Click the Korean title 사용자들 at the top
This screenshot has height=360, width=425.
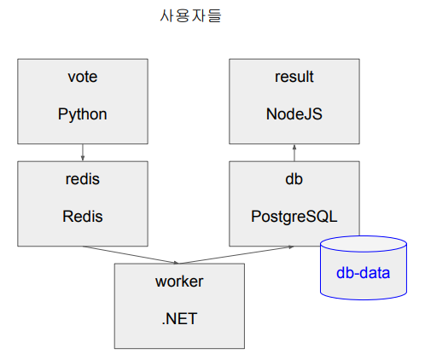coord(190,15)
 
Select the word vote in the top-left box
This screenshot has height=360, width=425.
coord(83,77)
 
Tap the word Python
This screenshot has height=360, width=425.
coord(83,113)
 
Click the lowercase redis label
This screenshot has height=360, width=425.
coord(83,179)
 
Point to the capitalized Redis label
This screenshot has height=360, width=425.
coord(83,216)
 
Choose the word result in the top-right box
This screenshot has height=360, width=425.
coord(294,77)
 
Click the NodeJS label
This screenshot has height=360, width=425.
coord(294,113)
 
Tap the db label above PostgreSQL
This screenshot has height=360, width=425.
coord(294,179)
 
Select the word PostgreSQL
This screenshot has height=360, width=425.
coord(294,216)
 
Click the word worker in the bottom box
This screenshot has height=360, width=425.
coord(179,282)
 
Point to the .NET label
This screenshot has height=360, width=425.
coord(179,319)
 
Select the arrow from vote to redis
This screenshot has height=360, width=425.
coord(83,152)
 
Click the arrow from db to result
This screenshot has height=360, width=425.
coord(294,153)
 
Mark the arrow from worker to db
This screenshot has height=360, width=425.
coord(235,255)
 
